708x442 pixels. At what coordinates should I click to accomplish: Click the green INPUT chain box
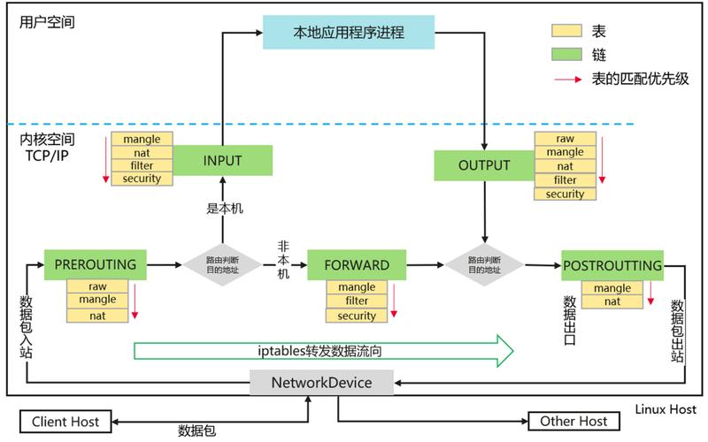coord(222,161)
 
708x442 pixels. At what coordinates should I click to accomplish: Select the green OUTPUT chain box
coord(484,165)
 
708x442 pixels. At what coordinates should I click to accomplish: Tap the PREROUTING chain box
coord(95,264)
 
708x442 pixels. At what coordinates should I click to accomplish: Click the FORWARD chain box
coord(357,264)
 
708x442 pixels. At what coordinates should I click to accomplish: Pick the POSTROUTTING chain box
coord(612,265)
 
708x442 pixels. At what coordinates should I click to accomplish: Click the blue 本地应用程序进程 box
coord(349,34)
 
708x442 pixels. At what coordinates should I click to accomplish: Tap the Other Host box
coord(573,421)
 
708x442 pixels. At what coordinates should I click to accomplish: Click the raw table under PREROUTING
coord(97,286)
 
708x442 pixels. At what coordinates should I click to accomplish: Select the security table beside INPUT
coord(142,179)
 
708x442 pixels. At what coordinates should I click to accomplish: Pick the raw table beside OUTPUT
coord(565,139)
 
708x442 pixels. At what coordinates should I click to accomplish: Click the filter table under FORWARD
coord(357,301)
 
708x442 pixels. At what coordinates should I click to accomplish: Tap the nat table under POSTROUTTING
coord(612,302)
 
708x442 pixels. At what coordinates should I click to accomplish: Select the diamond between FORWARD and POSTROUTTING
coord(483,264)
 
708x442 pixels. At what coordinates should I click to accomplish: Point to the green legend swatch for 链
coord(567,54)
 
